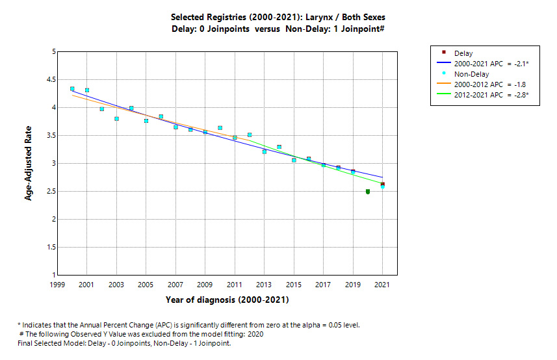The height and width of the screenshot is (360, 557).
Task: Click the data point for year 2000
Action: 72,89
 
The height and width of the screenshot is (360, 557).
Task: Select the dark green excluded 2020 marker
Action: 368,192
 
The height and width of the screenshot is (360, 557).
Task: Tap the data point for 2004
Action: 131,109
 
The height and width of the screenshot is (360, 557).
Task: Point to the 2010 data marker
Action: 220,128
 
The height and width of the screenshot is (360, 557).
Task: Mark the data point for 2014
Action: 279,147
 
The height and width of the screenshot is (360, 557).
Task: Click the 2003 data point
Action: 116,119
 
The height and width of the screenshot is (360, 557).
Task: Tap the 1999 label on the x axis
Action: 57,285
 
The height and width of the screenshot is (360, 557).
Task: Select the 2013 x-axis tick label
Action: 265,285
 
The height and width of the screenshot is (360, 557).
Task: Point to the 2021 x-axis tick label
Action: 383,285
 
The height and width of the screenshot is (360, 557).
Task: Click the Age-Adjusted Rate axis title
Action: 29,163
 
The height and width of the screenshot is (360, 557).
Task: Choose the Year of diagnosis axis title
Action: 227,300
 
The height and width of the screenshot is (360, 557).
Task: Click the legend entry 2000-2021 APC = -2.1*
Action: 491,64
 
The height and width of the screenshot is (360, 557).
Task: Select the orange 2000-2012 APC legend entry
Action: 491,84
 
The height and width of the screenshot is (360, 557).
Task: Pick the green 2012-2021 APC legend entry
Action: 492,95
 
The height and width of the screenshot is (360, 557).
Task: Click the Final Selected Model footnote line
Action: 124,343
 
